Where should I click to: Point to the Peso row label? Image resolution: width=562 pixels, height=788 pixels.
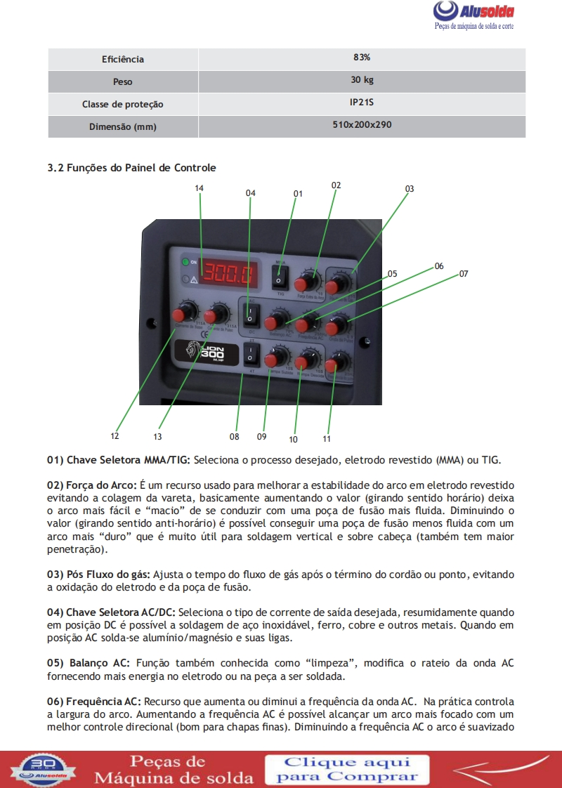(x=122, y=82)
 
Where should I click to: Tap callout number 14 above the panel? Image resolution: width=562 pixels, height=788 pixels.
(x=200, y=188)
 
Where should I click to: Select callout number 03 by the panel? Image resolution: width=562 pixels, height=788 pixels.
(x=410, y=189)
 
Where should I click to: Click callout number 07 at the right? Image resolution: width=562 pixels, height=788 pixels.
(x=464, y=274)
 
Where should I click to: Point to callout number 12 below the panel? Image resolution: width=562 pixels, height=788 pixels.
(x=115, y=435)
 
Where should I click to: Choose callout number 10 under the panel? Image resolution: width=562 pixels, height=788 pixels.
(x=293, y=440)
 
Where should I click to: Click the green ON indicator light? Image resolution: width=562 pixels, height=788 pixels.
(x=185, y=263)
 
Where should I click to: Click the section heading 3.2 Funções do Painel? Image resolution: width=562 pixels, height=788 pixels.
(x=131, y=168)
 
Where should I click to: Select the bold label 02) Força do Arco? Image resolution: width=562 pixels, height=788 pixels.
(x=92, y=485)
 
